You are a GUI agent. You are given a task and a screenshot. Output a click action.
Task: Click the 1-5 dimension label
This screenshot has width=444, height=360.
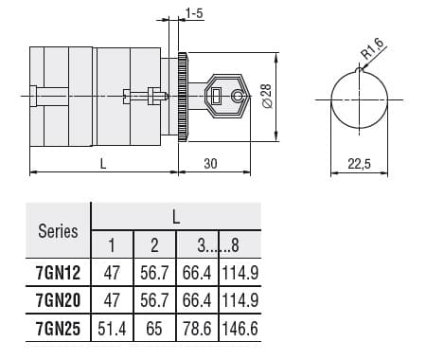coord(194,13)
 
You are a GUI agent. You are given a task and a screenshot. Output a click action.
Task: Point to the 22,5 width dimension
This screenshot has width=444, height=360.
coord(359,164)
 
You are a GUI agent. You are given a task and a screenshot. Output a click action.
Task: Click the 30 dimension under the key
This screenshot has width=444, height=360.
coord(209,164)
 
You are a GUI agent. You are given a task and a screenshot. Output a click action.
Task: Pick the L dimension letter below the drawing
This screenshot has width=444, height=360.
coord(102,164)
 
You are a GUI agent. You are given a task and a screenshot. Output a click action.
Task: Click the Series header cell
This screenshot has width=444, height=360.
coord(57,230)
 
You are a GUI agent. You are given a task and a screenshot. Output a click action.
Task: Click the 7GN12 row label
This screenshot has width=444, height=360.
coord(57,273)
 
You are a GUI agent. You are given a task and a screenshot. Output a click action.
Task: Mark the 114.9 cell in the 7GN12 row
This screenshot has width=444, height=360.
coord(240,273)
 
